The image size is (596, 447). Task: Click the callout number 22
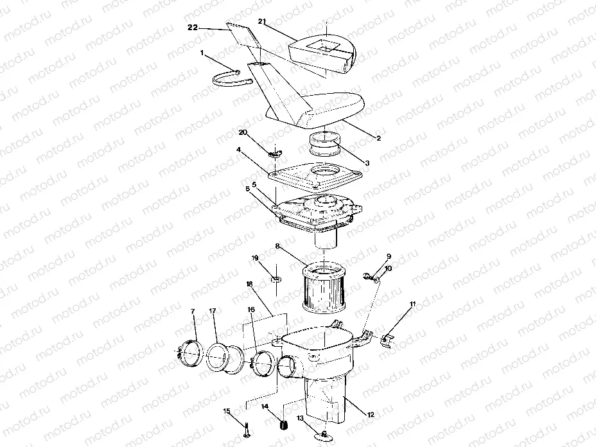click(x=192, y=28)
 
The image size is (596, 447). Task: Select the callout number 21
click(x=262, y=21)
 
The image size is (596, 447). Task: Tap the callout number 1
click(x=203, y=54)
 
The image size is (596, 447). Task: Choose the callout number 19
click(x=255, y=258)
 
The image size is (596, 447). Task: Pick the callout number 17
click(x=213, y=312)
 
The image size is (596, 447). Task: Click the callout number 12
click(x=370, y=416)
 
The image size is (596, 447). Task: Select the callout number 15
click(x=225, y=411)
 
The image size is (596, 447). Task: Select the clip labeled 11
click(x=387, y=338)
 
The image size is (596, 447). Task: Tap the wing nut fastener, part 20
click(x=276, y=153)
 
